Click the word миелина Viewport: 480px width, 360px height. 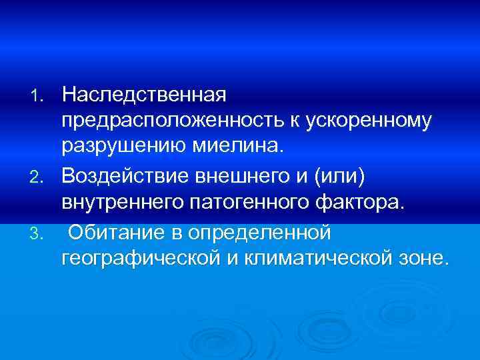pos(235,146)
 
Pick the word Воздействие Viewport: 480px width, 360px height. pos(127,176)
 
